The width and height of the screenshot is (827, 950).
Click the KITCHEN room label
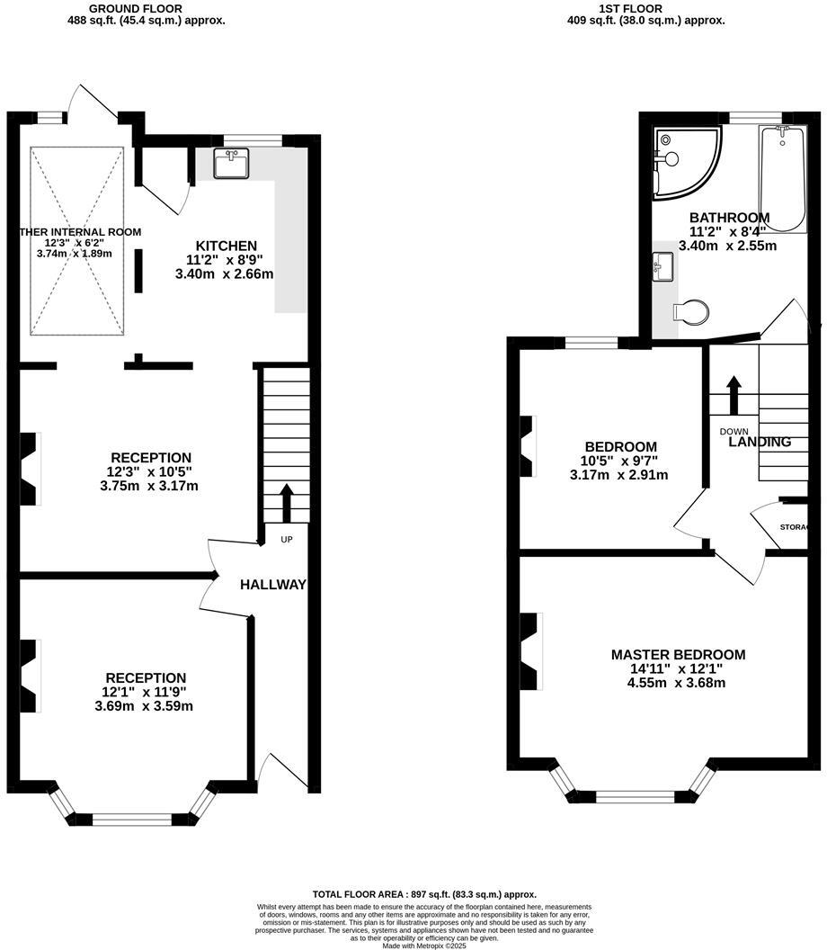click(227, 246)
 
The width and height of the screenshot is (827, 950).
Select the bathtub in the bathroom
click(781, 178)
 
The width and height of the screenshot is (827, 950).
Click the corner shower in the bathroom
click(685, 160)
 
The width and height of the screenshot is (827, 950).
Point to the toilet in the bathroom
click(691, 311)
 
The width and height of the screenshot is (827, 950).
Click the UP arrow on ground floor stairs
click(287, 504)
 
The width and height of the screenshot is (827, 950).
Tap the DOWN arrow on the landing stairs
click(733, 394)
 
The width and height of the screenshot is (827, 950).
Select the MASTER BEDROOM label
click(678, 655)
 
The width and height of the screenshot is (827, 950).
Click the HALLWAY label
click(272, 585)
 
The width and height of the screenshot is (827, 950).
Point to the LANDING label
click(760, 442)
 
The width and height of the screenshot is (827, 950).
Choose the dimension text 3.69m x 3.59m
click(144, 706)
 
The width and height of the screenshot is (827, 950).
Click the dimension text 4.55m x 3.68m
click(678, 683)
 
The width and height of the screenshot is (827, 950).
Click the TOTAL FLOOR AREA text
click(424, 894)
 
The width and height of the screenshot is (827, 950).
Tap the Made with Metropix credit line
click(424, 946)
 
